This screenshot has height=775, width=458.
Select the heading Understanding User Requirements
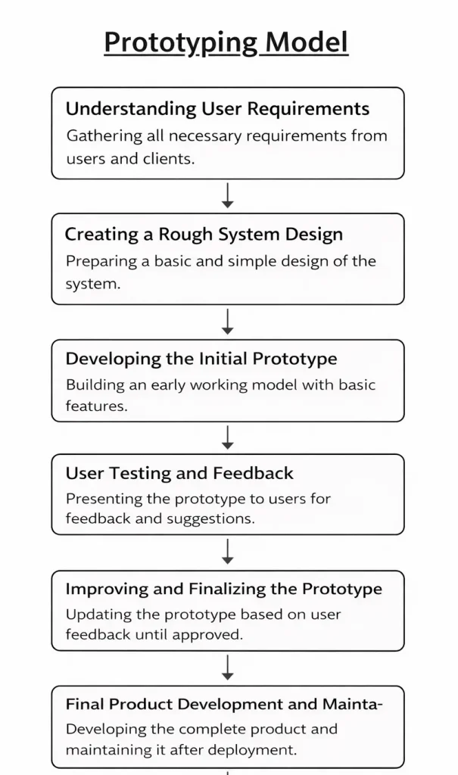point(217,109)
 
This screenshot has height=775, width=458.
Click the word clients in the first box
point(167,159)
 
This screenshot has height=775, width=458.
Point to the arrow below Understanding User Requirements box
point(227,196)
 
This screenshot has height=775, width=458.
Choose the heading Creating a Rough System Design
point(204,235)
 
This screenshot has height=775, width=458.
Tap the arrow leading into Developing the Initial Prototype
point(227,322)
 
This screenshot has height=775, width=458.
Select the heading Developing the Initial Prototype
point(201,359)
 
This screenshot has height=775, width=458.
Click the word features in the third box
point(95,406)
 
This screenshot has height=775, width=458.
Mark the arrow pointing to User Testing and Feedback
point(227,437)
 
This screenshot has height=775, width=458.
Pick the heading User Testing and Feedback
point(179,474)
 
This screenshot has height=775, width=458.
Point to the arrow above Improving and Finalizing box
point(227,552)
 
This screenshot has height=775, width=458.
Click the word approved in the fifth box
point(213,634)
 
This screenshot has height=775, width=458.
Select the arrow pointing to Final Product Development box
point(227,668)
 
